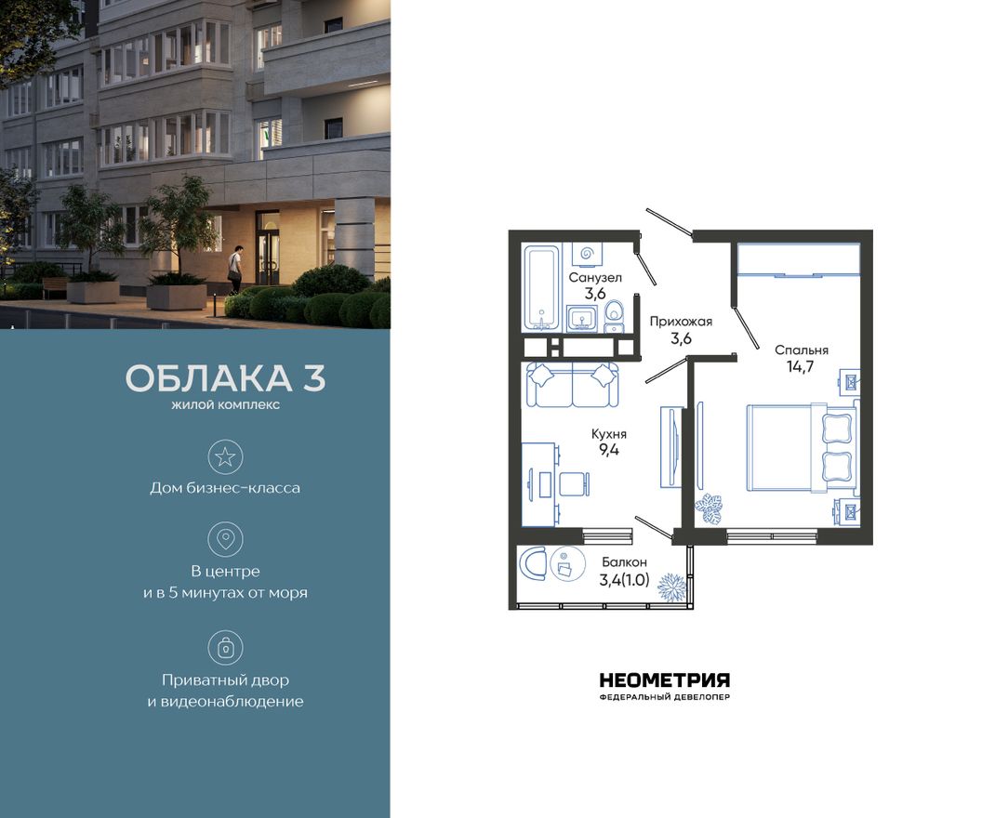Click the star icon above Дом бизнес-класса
(x=225, y=456)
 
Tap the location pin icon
(x=225, y=539)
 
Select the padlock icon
(x=225, y=646)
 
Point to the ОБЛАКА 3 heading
(x=225, y=379)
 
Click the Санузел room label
(x=595, y=277)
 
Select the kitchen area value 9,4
(x=609, y=451)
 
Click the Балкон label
(x=624, y=561)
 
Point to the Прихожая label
(x=681, y=322)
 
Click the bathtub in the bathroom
(x=540, y=286)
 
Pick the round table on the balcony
(x=564, y=563)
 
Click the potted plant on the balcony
(x=671, y=587)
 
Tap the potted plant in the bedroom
(x=713, y=508)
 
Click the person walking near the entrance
(x=235, y=268)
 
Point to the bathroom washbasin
(x=583, y=319)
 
